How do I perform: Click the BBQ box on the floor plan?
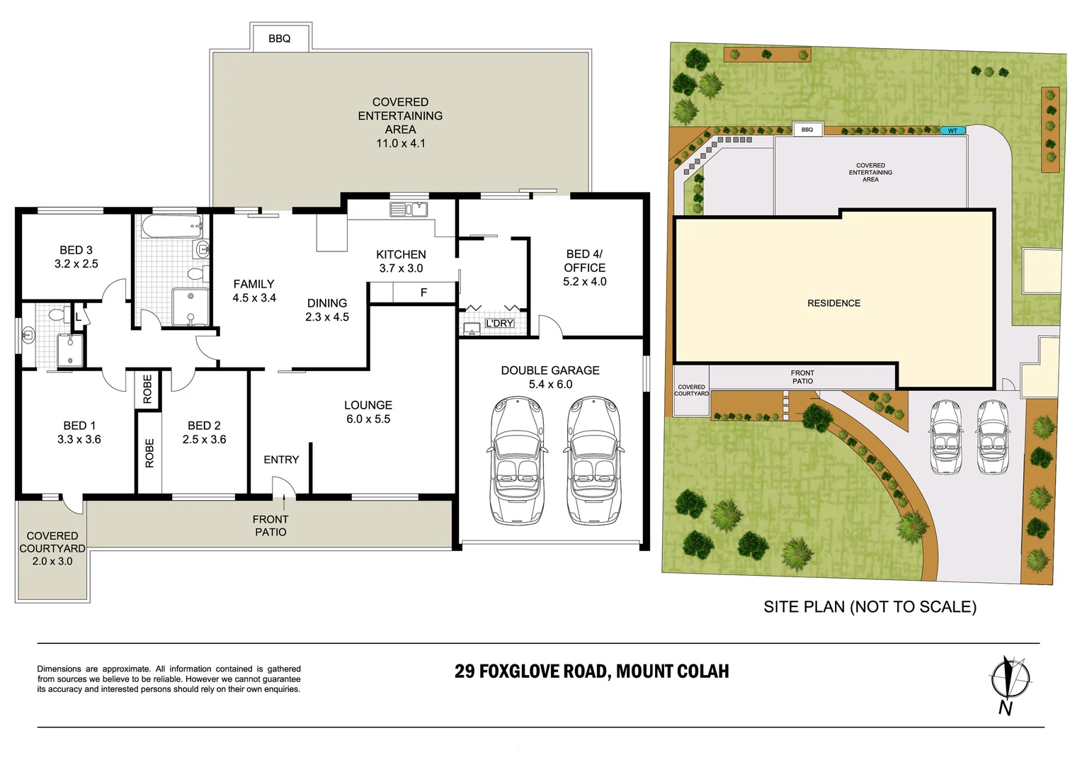(280, 38)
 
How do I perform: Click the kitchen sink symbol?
(409, 209)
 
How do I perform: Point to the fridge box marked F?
(423, 292)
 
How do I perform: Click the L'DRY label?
(499, 324)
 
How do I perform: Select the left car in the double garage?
(517, 460)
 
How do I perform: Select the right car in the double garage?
(593, 460)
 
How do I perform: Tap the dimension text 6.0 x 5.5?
(368, 419)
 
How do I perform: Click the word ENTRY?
(281, 460)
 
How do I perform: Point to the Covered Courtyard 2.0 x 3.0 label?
(52, 548)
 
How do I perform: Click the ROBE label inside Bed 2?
(149, 453)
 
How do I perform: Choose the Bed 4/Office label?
(584, 267)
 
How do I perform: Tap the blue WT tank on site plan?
(952, 130)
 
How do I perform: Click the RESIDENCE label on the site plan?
(833, 303)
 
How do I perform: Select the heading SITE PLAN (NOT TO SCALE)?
(870, 607)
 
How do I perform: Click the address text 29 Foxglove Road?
(591, 671)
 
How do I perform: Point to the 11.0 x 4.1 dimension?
(400, 143)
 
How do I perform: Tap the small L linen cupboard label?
(79, 317)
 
